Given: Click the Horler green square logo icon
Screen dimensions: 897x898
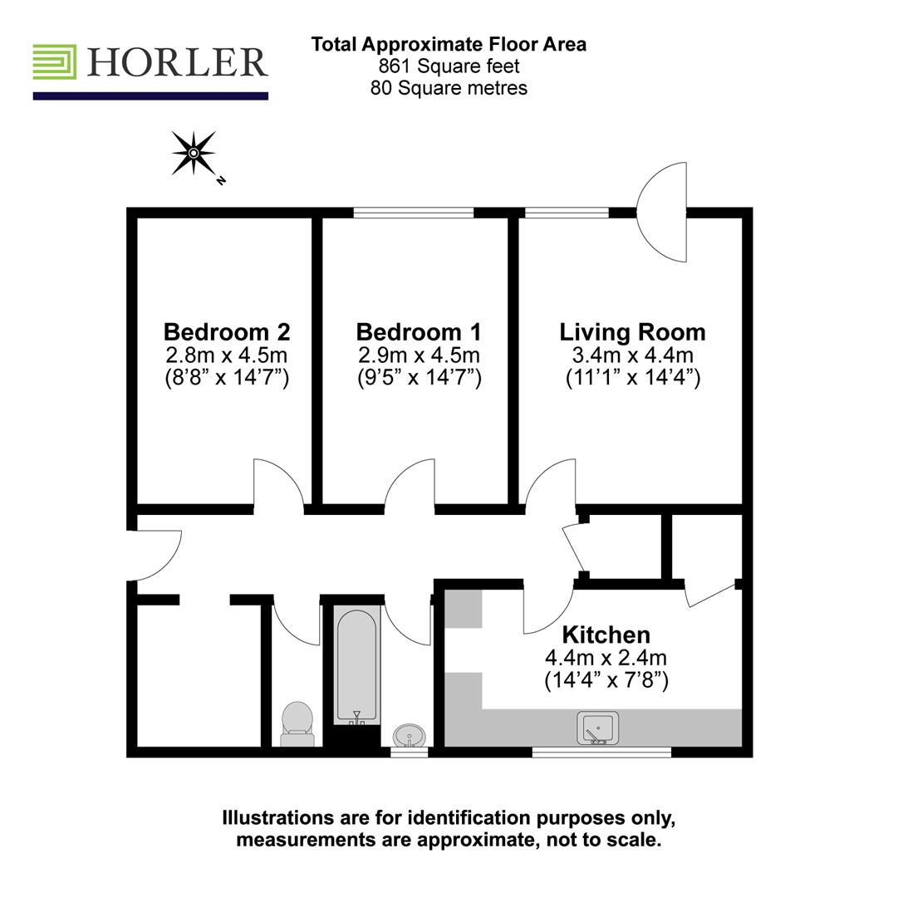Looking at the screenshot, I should (55, 62).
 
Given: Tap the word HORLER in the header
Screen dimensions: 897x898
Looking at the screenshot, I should (176, 63).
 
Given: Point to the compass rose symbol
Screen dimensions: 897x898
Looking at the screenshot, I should (194, 153).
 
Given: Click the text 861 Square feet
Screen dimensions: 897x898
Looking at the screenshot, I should (449, 66).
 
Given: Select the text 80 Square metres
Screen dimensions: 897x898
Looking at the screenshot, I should (449, 88).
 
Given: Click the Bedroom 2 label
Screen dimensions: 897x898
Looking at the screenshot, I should (227, 332).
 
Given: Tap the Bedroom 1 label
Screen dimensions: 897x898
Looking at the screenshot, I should (418, 332).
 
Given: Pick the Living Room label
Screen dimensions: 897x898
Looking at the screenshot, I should (632, 332).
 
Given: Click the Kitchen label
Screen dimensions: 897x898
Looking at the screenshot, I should (606, 635).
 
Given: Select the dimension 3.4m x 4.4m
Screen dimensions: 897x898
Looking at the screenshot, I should (632, 355).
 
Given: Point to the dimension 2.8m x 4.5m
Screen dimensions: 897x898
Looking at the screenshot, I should (227, 355).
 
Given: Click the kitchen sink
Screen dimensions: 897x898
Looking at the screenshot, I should (597, 728).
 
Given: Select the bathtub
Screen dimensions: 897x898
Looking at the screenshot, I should (357, 664).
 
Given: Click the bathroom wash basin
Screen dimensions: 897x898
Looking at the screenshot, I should (409, 735).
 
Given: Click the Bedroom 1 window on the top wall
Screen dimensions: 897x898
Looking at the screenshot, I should (413, 213).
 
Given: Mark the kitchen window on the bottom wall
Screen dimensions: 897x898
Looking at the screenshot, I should (601, 752).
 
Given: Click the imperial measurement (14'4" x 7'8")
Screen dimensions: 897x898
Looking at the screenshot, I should (606, 681).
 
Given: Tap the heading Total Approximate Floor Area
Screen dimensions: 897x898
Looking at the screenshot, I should (449, 45).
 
